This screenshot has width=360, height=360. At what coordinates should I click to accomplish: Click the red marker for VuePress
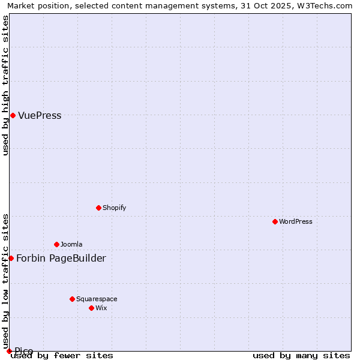pyautogui.click(x=13, y=115)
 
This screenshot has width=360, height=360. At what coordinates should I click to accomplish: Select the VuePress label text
pyautogui.click(x=40, y=116)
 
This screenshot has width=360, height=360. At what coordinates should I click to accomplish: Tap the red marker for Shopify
pyautogui.click(x=98, y=208)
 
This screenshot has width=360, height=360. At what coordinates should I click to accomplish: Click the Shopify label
pyautogui.click(x=114, y=208)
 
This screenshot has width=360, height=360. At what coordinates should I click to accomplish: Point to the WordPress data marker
pyautogui.click(x=275, y=221)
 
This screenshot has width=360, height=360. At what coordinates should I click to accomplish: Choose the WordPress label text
pyautogui.click(x=295, y=222)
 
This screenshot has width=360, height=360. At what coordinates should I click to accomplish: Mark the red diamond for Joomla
pyautogui.click(x=56, y=244)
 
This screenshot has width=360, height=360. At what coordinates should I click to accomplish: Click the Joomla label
pyautogui.click(x=71, y=245)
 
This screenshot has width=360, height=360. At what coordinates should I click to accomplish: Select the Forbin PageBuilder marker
pyautogui.click(x=11, y=258)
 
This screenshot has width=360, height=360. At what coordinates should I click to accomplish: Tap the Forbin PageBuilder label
pyautogui.click(x=61, y=259)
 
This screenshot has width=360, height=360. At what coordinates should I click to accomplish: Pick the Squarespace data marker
pyautogui.click(x=72, y=299)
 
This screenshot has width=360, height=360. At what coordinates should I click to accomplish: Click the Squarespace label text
pyautogui.click(x=97, y=299)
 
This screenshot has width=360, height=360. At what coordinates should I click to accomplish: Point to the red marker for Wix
pyautogui.click(x=91, y=308)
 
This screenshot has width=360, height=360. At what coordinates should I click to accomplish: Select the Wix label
pyautogui.click(x=101, y=308)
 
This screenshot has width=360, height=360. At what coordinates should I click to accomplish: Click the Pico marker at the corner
pyautogui.click(x=9, y=351)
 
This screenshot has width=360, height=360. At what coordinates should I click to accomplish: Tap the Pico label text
pyautogui.click(x=24, y=351)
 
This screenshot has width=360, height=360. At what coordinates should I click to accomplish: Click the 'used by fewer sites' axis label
pyautogui.click(x=62, y=356)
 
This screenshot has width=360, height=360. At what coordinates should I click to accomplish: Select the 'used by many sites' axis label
pyautogui.click(x=301, y=356)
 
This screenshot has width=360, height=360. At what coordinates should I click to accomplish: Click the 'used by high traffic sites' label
pyautogui.click(x=6, y=85)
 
